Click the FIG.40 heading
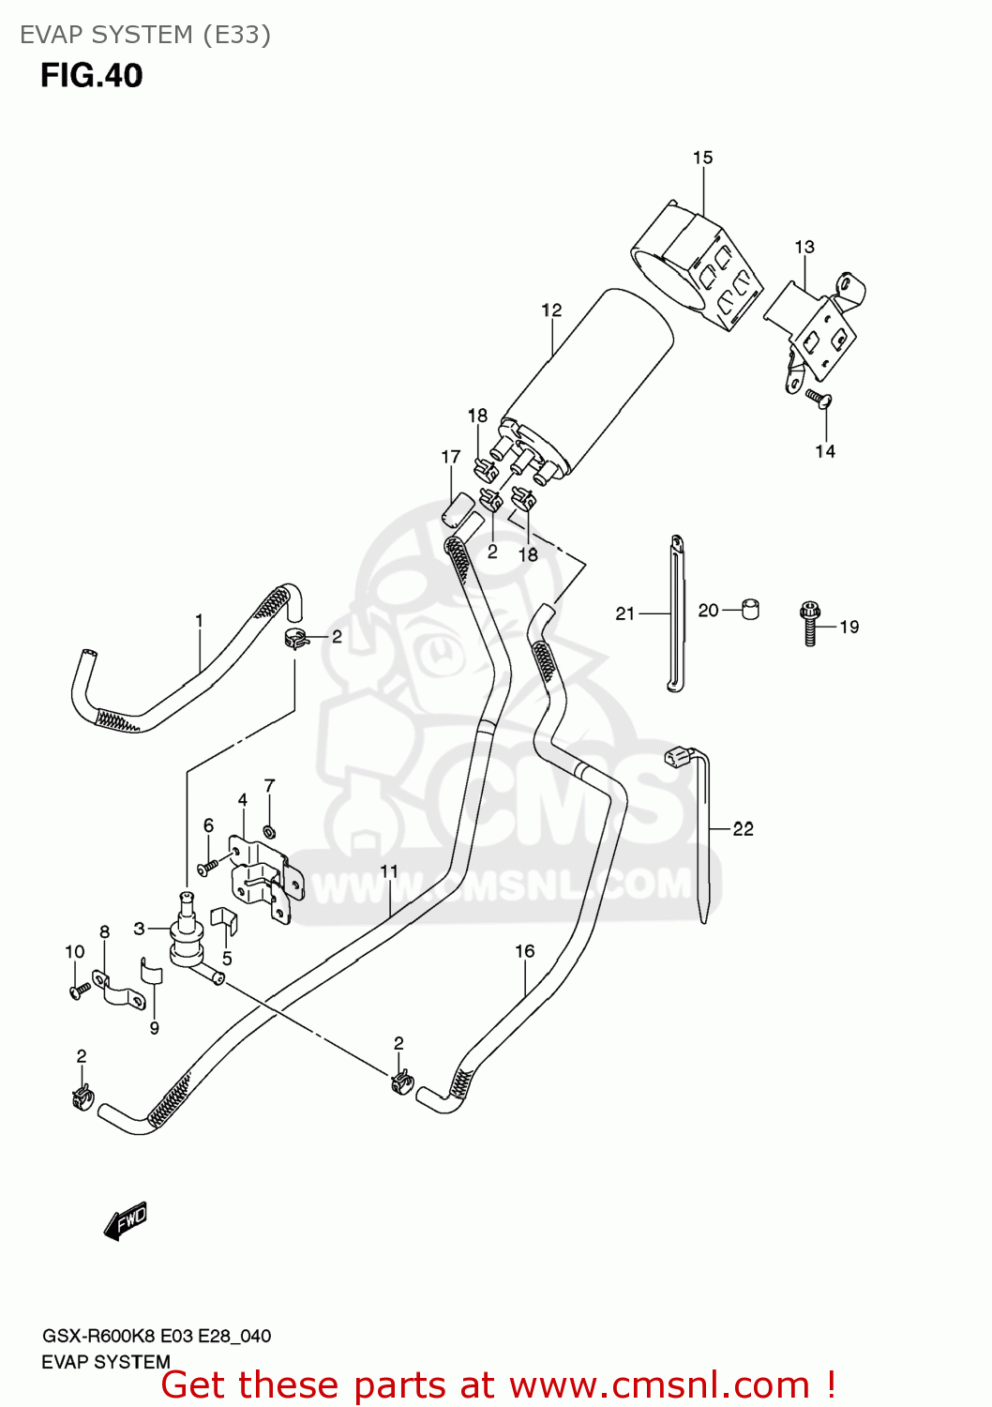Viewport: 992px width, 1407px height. pyautogui.click(x=91, y=75)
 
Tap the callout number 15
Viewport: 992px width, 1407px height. pyautogui.click(x=702, y=158)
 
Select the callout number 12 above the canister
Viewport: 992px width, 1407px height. pyautogui.click(x=551, y=310)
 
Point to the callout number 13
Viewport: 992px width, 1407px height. pyautogui.click(x=804, y=247)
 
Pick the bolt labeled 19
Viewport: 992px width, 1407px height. pyautogui.click(x=810, y=623)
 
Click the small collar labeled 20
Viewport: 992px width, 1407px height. pyautogui.click(x=750, y=609)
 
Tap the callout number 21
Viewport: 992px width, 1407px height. pyautogui.click(x=625, y=613)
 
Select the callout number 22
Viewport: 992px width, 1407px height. pyautogui.click(x=743, y=828)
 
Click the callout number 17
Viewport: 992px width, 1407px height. pyautogui.click(x=451, y=457)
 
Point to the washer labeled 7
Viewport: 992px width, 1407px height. pyautogui.click(x=269, y=831)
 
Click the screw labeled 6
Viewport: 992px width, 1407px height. pyautogui.click(x=207, y=866)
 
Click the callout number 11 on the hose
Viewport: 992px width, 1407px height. pyautogui.click(x=389, y=871)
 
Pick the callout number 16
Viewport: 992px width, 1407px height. pyautogui.click(x=524, y=951)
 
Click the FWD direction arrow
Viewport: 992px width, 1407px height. pyautogui.click(x=126, y=1221)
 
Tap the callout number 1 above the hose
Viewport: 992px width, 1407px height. pyautogui.click(x=199, y=620)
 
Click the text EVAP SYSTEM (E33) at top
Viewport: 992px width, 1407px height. pyautogui.click(x=145, y=35)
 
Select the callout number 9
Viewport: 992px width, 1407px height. pyautogui.click(x=154, y=1028)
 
